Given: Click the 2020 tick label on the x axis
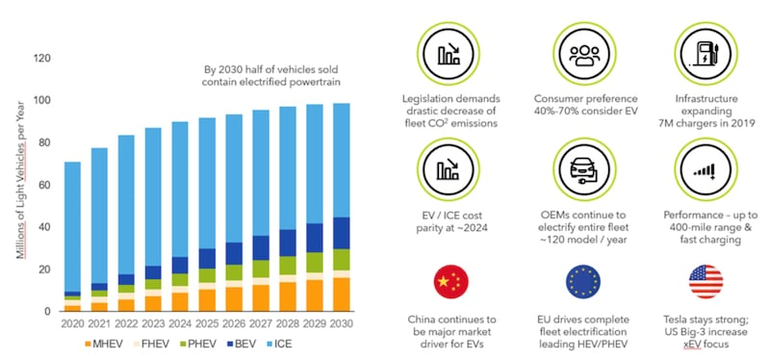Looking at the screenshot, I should (73, 325).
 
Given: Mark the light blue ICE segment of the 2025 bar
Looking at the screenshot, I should (206, 183).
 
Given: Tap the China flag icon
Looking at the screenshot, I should (451, 280).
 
